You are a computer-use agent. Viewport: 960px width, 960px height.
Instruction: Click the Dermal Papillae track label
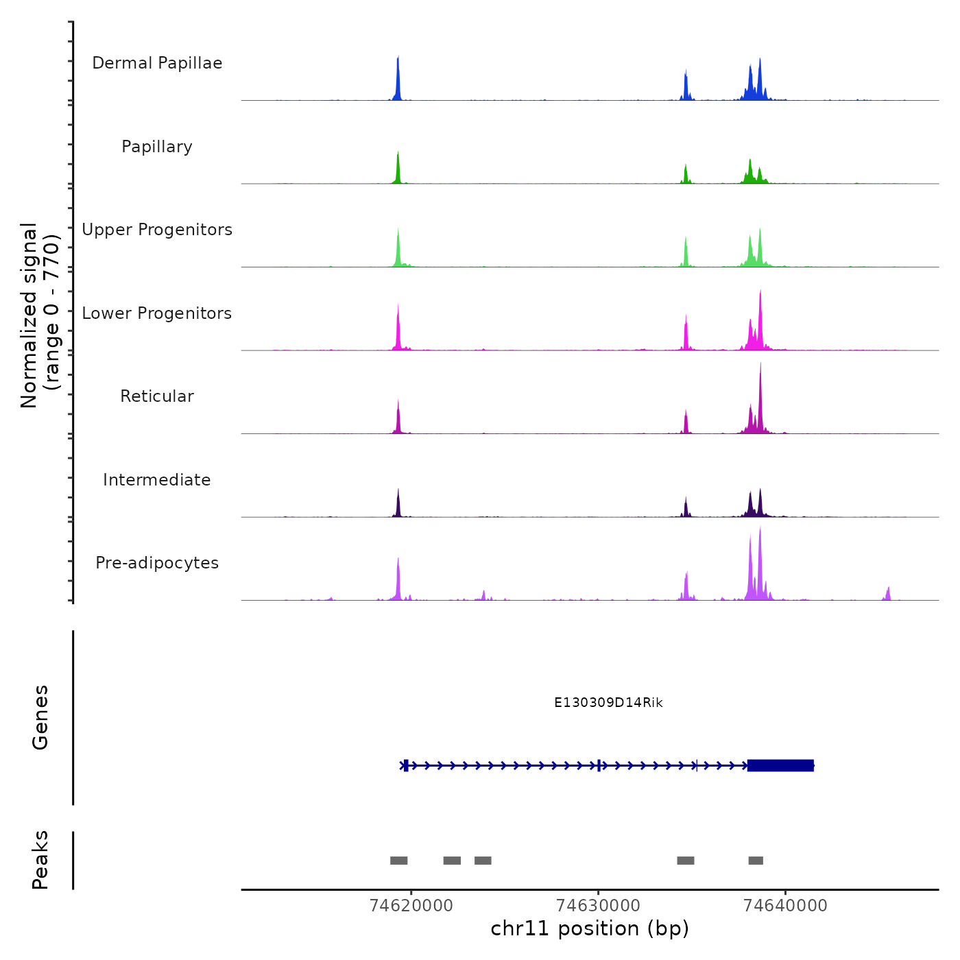point(157,63)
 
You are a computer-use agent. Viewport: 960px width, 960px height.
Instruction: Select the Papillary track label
point(157,147)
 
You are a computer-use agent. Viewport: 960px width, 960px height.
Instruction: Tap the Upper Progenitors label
point(157,230)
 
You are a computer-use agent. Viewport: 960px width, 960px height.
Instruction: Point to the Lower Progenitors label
point(157,313)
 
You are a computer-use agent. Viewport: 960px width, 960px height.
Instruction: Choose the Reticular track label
point(157,396)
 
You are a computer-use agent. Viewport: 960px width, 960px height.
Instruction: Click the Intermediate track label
point(157,480)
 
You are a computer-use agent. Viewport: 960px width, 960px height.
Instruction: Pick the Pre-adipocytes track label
point(157,563)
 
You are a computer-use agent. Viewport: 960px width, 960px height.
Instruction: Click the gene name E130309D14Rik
point(608,702)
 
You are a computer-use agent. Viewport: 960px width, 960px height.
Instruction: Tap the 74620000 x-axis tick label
point(411,906)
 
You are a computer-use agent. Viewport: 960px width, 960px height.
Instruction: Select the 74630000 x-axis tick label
point(598,906)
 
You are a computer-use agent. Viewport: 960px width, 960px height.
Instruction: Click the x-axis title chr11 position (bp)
point(590,928)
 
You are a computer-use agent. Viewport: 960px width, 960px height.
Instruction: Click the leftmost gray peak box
point(398,861)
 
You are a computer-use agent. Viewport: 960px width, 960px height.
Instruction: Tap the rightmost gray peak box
point(756,861)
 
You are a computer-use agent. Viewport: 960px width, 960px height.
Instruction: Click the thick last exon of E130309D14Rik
point(780,765)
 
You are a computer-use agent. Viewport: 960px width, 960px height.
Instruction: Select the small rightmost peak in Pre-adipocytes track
point(888,593)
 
